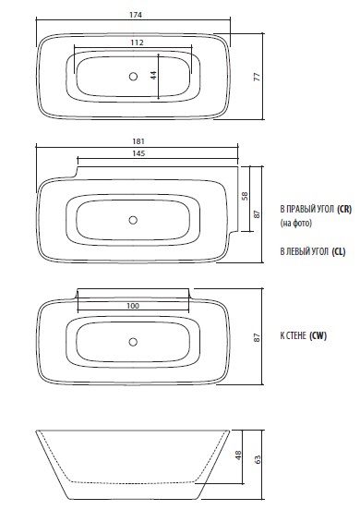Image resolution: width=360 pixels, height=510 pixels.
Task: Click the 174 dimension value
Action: [136, 15]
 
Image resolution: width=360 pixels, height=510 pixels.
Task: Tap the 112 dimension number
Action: [137, 42]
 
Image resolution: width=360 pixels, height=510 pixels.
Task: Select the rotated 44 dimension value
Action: [153, 75]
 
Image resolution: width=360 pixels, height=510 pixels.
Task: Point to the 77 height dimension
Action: [257, 77]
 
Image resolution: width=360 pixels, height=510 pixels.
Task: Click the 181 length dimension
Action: [138, 141]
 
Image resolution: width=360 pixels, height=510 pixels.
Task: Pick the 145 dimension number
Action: [138, 153]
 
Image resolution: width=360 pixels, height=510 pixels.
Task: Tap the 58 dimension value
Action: [245, 196]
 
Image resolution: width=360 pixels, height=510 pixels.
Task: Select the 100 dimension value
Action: [133, 306]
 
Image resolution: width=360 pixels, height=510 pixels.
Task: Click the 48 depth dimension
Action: [238, 455]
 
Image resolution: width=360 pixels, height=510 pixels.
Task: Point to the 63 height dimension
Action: [257, 459]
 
